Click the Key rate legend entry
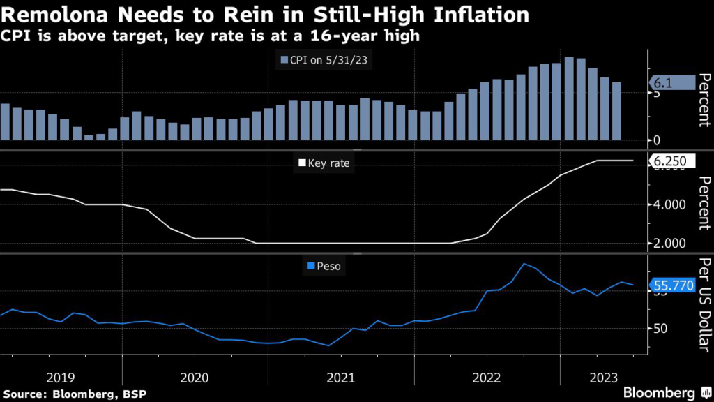pos(324,163)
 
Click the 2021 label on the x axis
pos(342,377)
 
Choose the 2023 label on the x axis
pos(603,377)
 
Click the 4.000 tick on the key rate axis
pos(668,205)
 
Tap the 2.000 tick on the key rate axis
pos(668,243)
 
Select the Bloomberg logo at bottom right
pos(659,392)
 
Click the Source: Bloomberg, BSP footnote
pos(74,394)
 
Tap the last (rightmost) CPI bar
pos(616,111)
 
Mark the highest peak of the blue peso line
pos(524,263)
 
